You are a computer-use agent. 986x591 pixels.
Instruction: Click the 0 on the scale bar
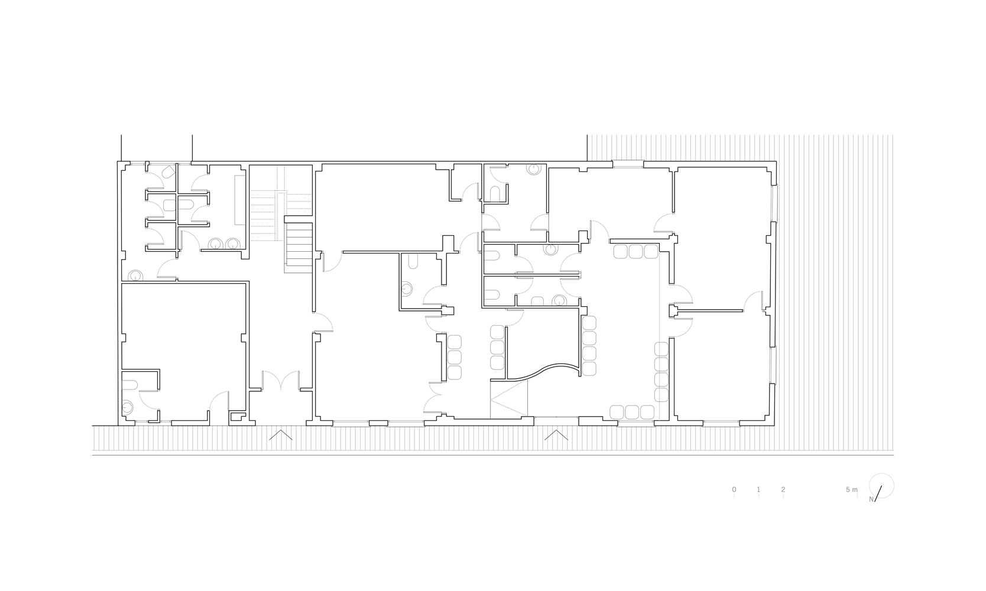tap(734, 489)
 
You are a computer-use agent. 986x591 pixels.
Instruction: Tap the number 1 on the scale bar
tap(758, 489)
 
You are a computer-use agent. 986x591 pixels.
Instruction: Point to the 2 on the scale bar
tap(783, 489)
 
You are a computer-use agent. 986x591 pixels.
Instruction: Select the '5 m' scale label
tap(852, 489)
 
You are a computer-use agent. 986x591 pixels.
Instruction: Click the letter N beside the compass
tap(871, 499)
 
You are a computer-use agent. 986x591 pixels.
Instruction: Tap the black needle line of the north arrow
tap(878, 493)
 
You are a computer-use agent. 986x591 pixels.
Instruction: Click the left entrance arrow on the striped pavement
tap(281, 435)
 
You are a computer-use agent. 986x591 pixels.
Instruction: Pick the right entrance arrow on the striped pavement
tap(556, 435)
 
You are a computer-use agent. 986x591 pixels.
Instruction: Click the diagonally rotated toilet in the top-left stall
tap(168, 171)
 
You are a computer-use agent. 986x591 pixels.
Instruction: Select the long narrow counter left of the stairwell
tap(240, 200)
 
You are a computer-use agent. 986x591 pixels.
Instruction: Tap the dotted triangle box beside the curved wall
tap(509, 399)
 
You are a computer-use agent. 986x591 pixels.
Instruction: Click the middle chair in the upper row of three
tap(635, 252)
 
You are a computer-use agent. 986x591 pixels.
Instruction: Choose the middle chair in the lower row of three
tap(632, 413)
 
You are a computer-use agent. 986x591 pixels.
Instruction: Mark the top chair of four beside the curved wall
tap(589, 323)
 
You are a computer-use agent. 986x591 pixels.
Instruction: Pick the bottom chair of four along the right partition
tap(661, 395)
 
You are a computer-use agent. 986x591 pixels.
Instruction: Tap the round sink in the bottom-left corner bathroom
tap(128, 408)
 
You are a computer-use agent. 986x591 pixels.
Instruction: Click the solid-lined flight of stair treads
tap(299, 245)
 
